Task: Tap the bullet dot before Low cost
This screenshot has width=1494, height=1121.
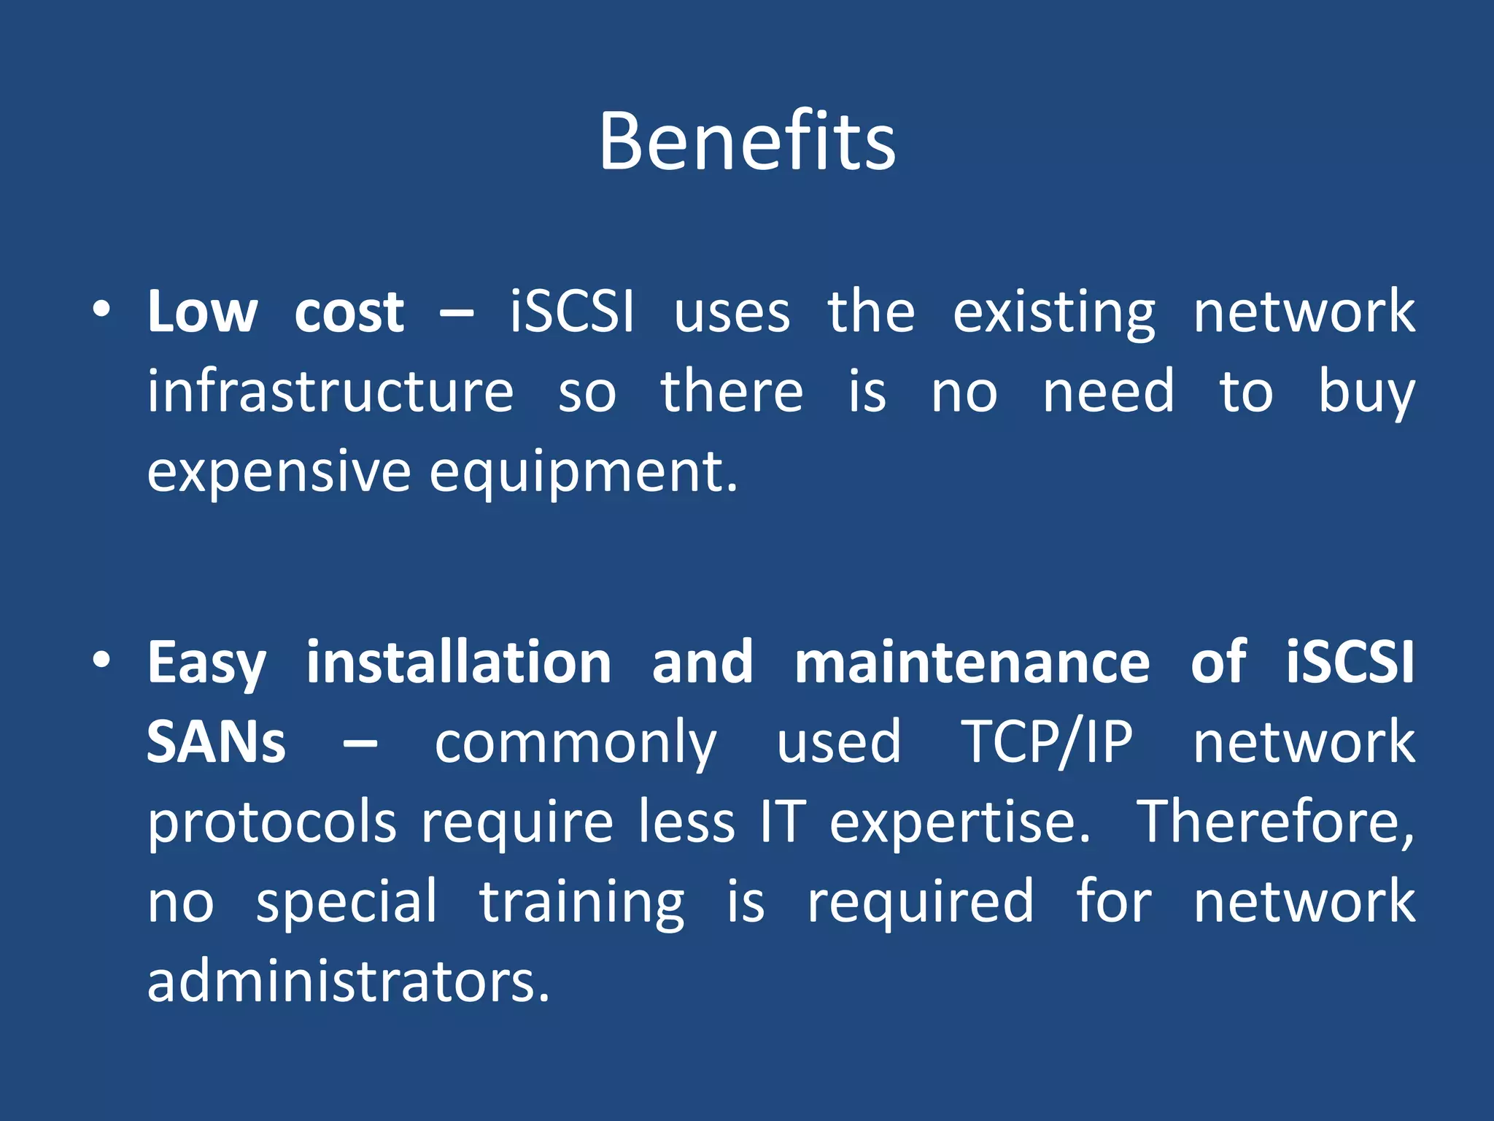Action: click(x=102, y=309)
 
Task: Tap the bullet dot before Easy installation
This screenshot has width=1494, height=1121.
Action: click(x=102, y=660)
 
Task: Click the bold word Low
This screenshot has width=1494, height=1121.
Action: click(x=202, y=312)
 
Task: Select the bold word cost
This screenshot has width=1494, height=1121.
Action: click(x=349, y=313)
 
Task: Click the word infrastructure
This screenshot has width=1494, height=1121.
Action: click(x=330, y=392)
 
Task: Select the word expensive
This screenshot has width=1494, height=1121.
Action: click(x=279, y=473)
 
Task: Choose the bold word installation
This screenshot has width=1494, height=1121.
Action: click(x=458, y=662)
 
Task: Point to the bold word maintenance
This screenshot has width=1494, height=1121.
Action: click(x=972, y=662)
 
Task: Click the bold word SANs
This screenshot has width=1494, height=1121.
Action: click(x=216, y=742)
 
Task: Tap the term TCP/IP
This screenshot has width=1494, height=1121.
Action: click(x=1048, y=742)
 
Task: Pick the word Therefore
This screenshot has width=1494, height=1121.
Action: click(x=1276, y=823)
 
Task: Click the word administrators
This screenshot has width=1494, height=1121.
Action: click(x=348, y=982)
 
